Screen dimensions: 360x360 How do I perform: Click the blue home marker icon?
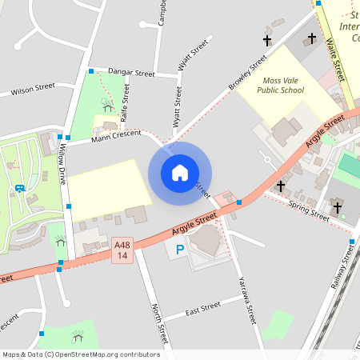(x=179, y=172)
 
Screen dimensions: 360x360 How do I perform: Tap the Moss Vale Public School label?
(x=281, y=86)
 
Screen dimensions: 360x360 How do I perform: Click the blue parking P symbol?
(x=178, y=250)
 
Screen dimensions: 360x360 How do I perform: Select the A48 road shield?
(x=122, y=250)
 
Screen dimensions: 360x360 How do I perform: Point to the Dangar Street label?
(x=130, y=73)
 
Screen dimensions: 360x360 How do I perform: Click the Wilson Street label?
(x=33, y=90)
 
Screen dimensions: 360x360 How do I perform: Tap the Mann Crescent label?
(x=115, y=137)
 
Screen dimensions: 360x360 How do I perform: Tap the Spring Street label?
(x=309, y=212)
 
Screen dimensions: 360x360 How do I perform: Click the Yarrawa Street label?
(x=246, y=300)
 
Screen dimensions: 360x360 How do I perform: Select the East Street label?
(x=202, y=309)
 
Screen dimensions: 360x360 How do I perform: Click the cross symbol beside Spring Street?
(x=281, y=186)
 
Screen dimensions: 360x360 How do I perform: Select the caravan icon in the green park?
(x=18, y=189)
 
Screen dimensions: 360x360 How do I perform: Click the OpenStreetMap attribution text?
(x=81, y=354)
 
